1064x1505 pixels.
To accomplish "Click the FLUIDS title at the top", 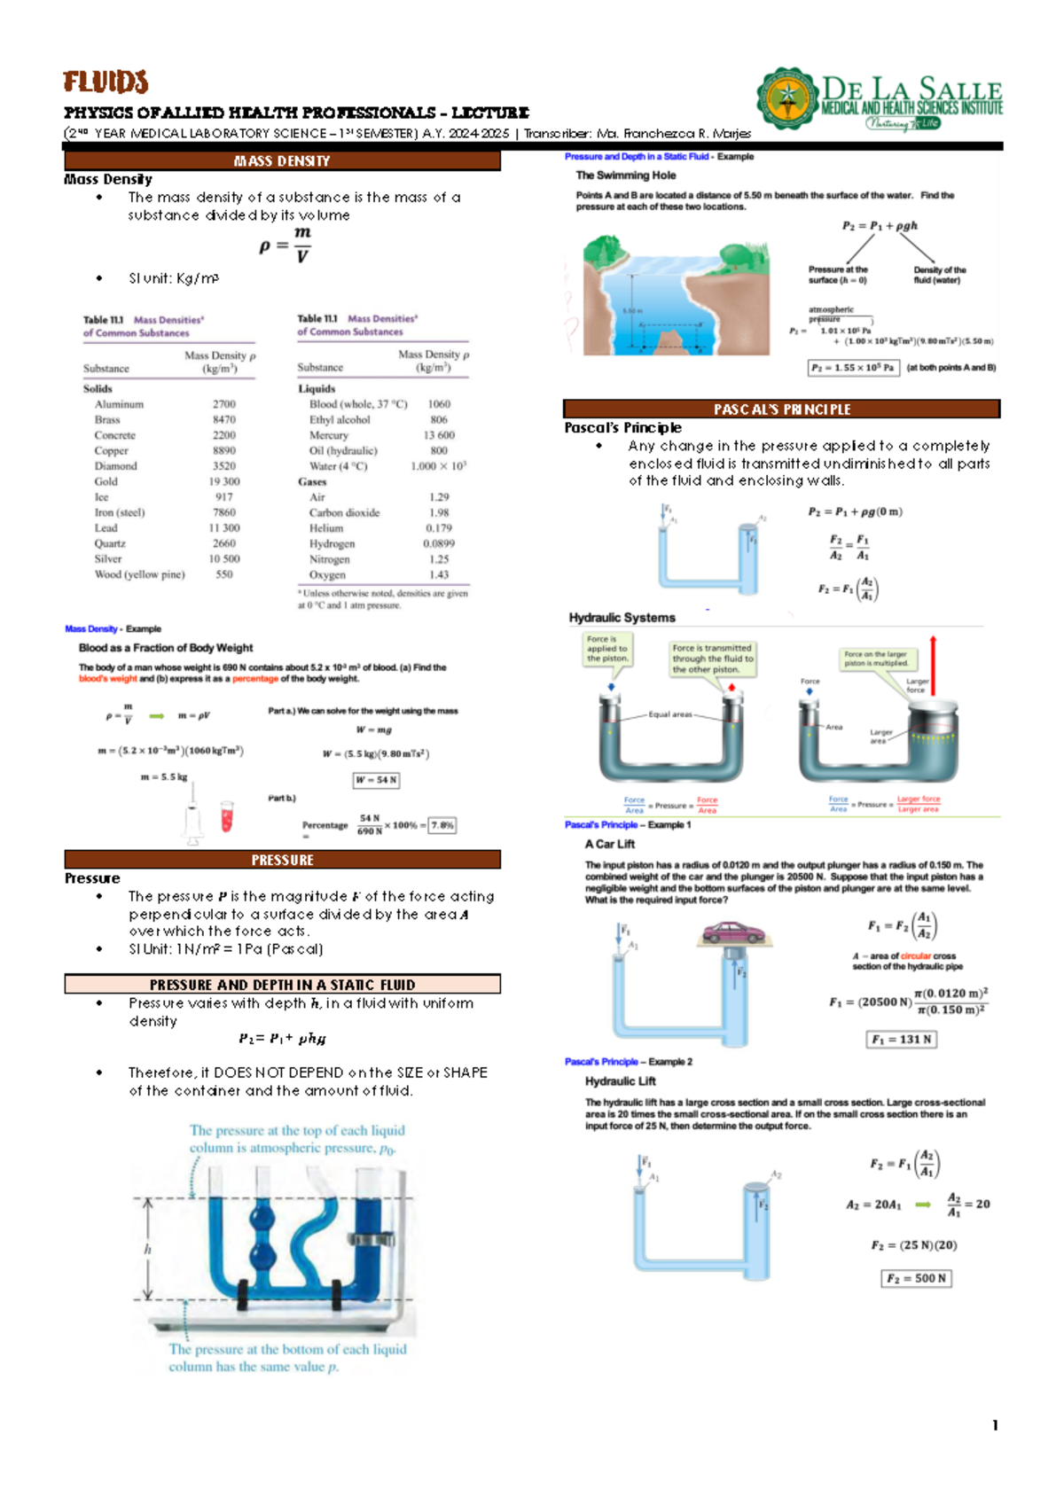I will pyautogui.click(x=105, y=82).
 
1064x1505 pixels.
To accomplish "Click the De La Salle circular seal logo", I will pyautogui.click(x=786, y=98).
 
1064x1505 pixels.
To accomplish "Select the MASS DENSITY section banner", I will pyautogui.click(x=282, y=161).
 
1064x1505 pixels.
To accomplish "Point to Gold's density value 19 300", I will pyautogui.click(x=224, y=481).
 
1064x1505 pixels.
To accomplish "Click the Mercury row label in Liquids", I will pyautogui.click(x=328, y=435).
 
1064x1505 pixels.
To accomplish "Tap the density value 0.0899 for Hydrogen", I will pyautogui.click(x=439, y=543).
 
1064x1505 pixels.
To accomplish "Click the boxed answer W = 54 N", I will pyautogui.click(x=376, y=780).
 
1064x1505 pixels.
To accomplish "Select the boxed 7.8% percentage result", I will pyautogui.click(x=442, y=825).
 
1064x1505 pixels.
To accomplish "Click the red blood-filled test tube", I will pyautogui.click(x=227, y=816).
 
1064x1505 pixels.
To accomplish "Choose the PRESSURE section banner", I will pyautogui.click(x=282, y=860).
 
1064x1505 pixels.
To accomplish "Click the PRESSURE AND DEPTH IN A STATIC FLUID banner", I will pyautogui.click(x=282, y=985).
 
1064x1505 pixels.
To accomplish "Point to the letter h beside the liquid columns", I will pyautogui.click(x=147, y=1249).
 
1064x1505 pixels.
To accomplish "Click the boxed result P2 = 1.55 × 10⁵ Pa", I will pyautogui.click(x=853, y=368).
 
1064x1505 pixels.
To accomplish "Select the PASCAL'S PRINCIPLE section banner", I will pyautogui.click(x=781, y=409).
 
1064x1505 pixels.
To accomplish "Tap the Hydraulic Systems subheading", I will pyautogui.click(x=622, y=618).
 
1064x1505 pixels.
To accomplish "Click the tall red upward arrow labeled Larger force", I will pyautogui.click(x=933, y=665).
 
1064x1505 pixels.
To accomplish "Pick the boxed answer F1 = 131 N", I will pyautogui.click(x=901, y=1040).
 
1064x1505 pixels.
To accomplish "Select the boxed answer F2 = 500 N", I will pyautogui.click(x=916, y=1279).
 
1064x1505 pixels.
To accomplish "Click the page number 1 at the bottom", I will pyautogui.click(x=995, y=1425).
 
